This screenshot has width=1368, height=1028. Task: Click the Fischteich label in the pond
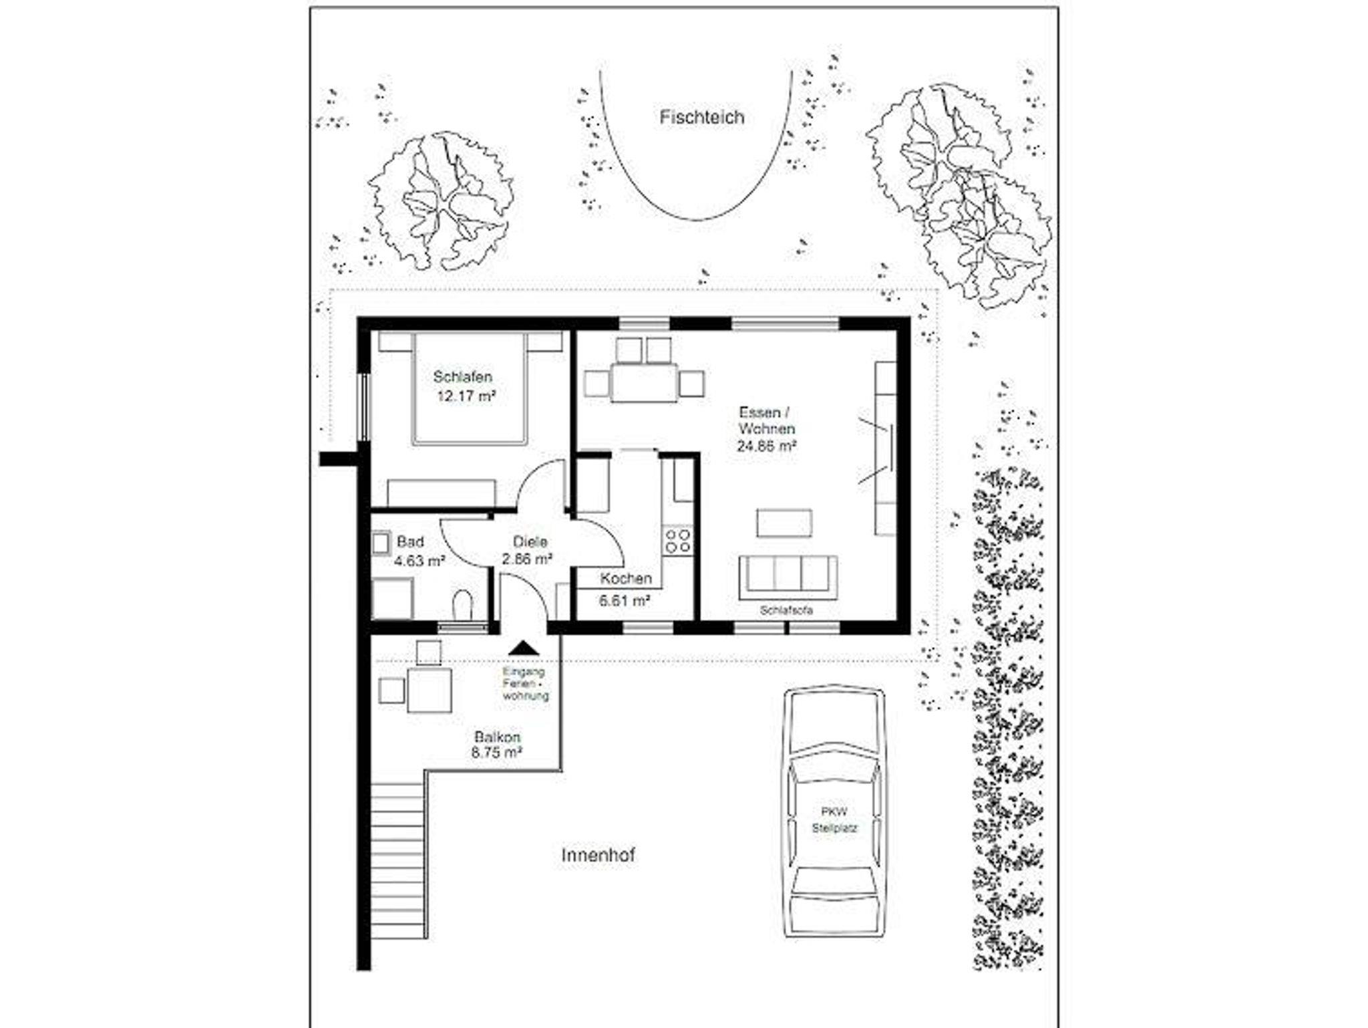pos(701,118)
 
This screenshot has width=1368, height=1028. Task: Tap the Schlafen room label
pos(462,377)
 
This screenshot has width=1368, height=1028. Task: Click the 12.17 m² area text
pos(466,396)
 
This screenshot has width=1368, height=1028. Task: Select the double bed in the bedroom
pos(470,388)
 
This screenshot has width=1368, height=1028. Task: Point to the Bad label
pos(410,541)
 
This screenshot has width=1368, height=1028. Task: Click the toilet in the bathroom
pos(462,604)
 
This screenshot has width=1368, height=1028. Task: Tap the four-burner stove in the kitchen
pos(677,541)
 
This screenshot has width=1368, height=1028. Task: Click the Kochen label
pos(626,579)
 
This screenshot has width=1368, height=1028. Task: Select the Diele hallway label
pos(530,542)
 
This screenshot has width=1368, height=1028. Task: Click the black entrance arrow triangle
pos(524,647)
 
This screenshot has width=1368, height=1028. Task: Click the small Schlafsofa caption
pos(786,611)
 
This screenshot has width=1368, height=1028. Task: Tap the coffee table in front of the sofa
pos(784,523)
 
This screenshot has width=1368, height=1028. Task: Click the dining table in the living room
pos(644,382)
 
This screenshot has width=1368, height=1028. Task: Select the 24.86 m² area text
pos(766,446)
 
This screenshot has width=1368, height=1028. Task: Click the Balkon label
pos(498,737)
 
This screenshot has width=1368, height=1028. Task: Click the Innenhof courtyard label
pos(598,855)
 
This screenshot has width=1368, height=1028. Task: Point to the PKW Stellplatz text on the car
pos(834,820)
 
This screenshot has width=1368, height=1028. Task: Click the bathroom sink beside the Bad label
pos(382,543)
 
